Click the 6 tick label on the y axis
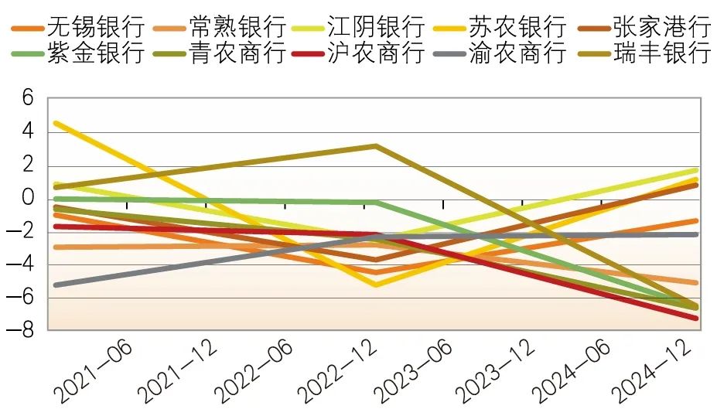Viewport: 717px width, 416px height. click(29, 98)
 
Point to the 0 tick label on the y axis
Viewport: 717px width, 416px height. click(29, 199)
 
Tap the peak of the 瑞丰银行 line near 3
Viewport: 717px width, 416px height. click(375, 146)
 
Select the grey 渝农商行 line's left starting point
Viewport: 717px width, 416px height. click(55, 285)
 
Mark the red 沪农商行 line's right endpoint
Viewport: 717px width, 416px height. click(696, 318)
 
